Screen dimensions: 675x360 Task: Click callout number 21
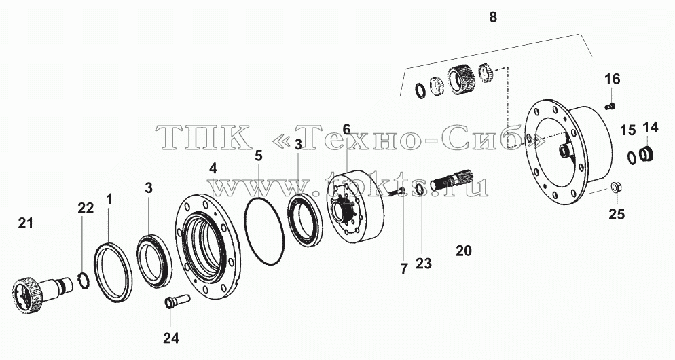[25, 223]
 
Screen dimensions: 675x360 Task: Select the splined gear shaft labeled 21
[43, 292]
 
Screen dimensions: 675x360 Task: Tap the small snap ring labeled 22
[85, 280]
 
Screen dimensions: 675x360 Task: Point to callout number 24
[170, 338]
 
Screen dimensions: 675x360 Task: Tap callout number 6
[346, 129]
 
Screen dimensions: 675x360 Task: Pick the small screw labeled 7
[395, 193]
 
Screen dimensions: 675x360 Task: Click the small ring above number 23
[419, 188]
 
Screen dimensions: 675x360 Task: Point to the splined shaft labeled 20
[452, 180]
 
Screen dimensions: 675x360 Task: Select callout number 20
[464, 250]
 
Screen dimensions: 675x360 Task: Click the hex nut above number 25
[615, 189]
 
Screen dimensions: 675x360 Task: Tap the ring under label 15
[631, 157]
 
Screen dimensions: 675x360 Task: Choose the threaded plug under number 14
[646, 154]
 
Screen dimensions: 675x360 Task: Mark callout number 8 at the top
[493, 17]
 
